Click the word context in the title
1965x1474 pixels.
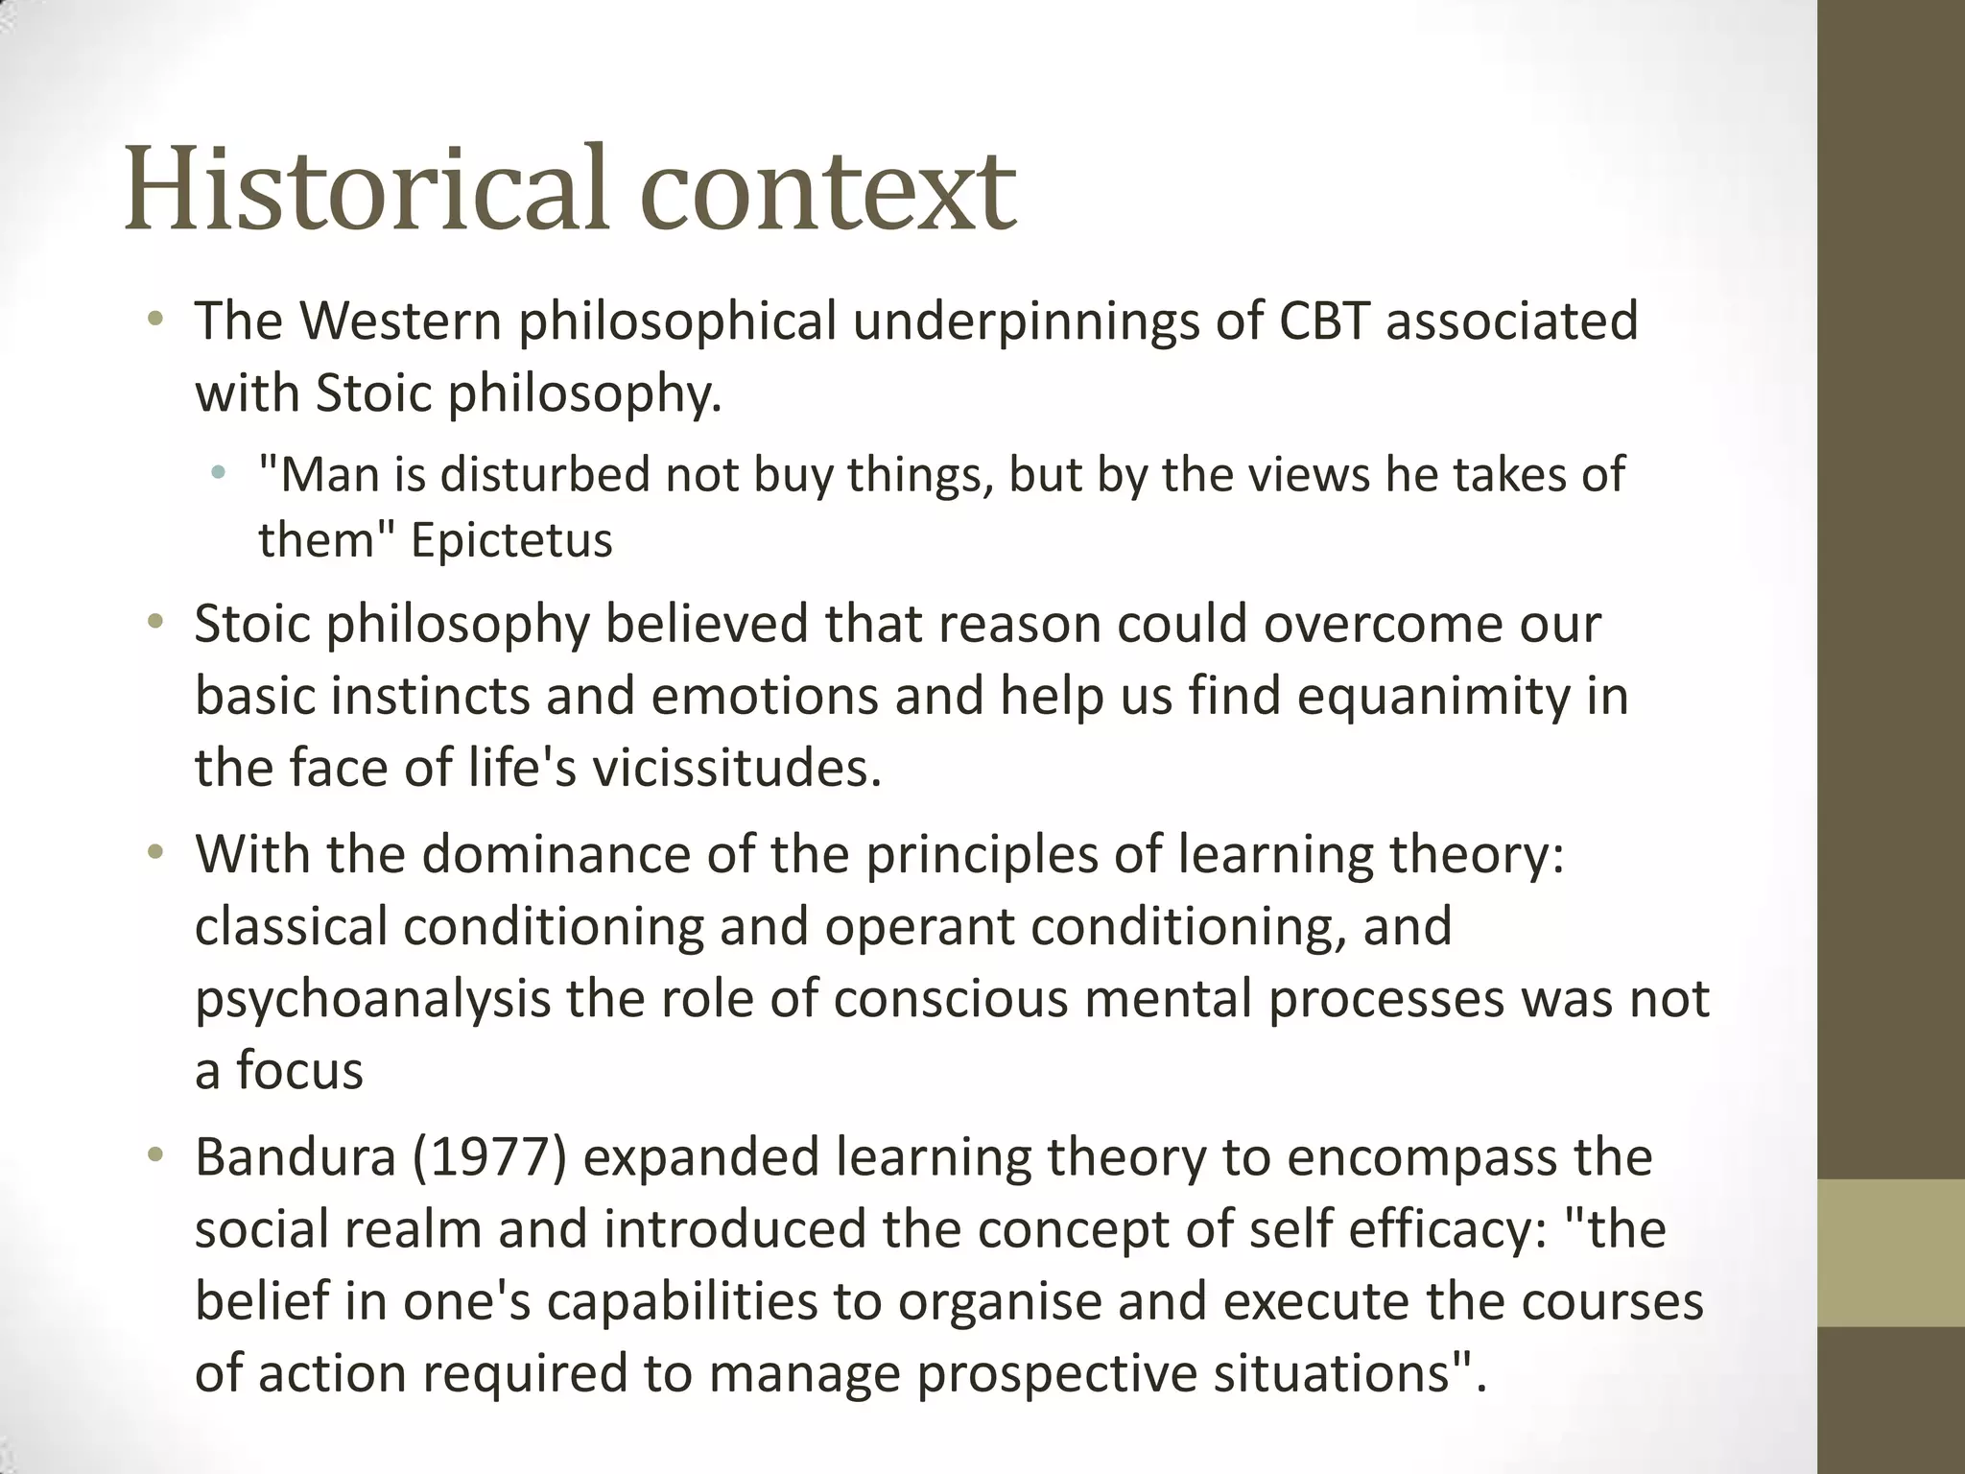[x=827, y=190]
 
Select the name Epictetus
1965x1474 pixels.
[x=511, y=539]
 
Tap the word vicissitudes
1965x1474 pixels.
[x=736, y=768]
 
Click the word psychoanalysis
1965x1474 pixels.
[x=372, y=1000]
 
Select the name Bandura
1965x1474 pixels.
[x=296, y=1157]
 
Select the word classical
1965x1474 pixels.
[x=291, y=927]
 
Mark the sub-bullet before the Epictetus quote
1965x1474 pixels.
[x=220, y=472]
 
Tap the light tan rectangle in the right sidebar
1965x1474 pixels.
[x=1891, y=1252]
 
